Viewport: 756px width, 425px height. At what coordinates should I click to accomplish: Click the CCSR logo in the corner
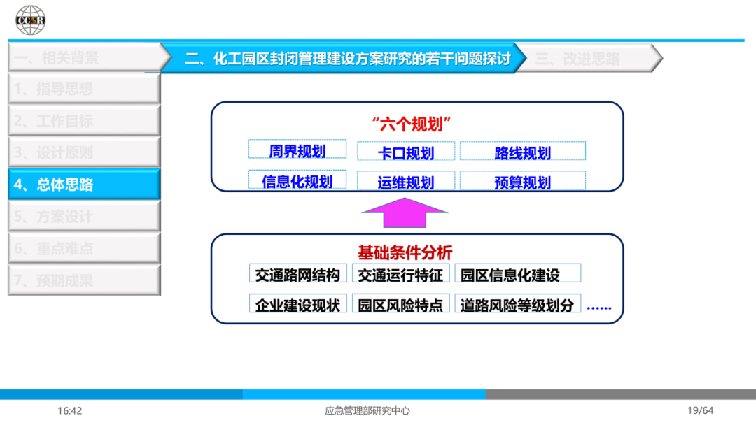30,20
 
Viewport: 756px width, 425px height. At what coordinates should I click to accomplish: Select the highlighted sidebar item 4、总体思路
84,185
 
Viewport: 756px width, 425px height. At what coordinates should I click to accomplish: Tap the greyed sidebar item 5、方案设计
84,217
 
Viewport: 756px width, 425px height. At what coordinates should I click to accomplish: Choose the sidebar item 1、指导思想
84,89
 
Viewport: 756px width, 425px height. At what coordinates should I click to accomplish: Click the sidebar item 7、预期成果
84,280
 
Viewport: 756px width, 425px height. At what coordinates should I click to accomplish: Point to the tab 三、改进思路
588,58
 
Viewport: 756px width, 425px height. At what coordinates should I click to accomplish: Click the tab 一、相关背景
84,57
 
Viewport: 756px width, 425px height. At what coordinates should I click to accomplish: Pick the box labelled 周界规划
297,150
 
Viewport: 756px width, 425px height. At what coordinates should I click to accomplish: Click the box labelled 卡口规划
406,152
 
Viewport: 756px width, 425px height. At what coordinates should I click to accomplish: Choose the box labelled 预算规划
522,182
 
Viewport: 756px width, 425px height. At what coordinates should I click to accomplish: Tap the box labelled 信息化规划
297,181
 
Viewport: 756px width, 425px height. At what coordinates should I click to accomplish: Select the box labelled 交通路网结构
297,274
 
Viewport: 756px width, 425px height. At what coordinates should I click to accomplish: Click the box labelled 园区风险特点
400,305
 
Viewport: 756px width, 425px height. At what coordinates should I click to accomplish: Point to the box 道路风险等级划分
517,305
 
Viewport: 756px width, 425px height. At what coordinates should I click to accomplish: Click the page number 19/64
700,410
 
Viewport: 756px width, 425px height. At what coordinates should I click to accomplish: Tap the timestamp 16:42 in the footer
70,410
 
